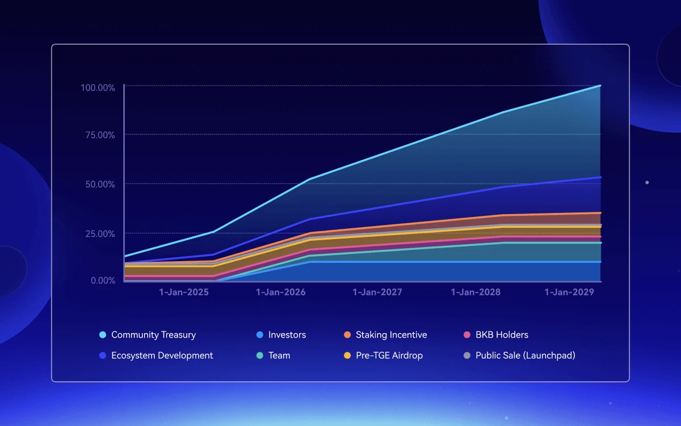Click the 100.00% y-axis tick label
tap(98, 88)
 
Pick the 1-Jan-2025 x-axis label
tap(183, 292)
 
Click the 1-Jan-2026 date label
tap(281, 292)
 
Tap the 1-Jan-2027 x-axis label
tap(377, 292)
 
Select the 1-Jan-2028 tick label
tap(476, 292)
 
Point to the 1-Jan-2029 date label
tap(569, 292)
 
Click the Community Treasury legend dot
tap(103, 335)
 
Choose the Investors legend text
tap(287, 335)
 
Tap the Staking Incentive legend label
tap(391, 335)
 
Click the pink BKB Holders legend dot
tap(467, 335)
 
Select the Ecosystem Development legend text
tap(162, 355)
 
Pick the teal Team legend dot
tap(259, 356)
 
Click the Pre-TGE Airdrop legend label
tap(389, 355)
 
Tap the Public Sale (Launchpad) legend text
tap(526, 355)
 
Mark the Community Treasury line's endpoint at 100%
tap(600, 86)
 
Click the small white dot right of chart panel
tap(647, 182)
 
